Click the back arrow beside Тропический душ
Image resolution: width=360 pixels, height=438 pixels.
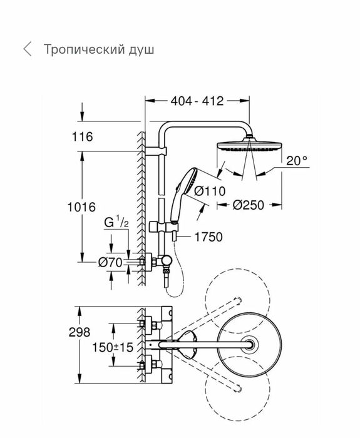(x=26, y=49)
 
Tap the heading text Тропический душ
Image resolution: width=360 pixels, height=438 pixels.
(x=98, y=49)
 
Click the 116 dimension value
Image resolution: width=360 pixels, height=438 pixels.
(x=82, y=136)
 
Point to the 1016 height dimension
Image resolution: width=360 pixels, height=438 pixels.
(x=82, y=206)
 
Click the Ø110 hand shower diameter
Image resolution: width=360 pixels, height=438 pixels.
(x=208, y=191)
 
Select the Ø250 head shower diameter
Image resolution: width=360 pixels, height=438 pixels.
(x=252, y=205)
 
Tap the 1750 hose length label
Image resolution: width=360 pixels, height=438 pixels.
(x=208, y=237)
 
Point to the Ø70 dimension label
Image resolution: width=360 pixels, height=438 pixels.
(x=110, y=263)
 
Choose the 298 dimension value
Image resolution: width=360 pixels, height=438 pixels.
(x=80, y=332)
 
